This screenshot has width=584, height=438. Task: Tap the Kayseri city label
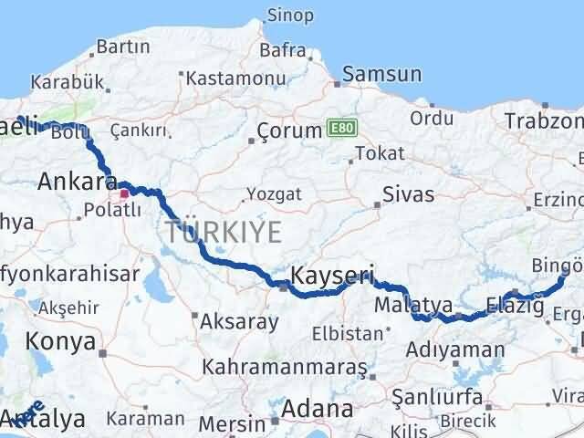320,274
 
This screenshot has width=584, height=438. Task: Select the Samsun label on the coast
381,75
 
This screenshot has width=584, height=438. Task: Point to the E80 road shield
338,130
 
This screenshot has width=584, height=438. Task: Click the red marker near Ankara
124,193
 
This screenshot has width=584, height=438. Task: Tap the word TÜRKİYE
224,233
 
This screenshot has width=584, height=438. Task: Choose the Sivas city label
408,193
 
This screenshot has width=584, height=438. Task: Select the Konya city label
62,341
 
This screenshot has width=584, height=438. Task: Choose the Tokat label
380,152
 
